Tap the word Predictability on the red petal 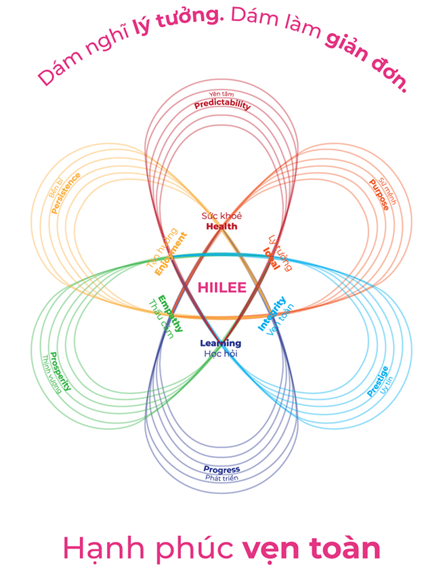pos(222,105)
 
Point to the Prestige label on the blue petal pos(377,381)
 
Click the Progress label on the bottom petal pos(221,469)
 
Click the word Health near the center pos(221,226)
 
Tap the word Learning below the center pos(220,343)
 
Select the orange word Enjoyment pos(170,253)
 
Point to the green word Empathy pos(171,312)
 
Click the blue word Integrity pos(271,313)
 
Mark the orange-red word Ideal pos(271,257)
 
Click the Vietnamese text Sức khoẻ pos(221,216)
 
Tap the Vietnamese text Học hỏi pos(220,354)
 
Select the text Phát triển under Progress pos(221,478)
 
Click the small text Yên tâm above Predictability pos(222,94)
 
